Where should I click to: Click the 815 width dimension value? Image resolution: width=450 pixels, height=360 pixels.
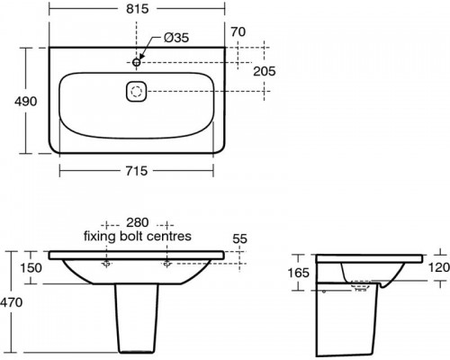137,9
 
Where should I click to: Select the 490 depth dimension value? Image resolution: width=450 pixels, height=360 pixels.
26,102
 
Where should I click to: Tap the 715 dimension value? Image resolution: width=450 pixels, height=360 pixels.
137,171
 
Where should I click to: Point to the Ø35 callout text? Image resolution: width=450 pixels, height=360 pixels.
176,38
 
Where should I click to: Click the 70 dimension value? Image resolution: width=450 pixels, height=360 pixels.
238,31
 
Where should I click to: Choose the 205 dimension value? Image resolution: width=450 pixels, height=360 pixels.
265,71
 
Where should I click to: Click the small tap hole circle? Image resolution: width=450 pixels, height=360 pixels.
137,62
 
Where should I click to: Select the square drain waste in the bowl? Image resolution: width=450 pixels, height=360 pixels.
136,91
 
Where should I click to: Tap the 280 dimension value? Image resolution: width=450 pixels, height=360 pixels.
138,222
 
